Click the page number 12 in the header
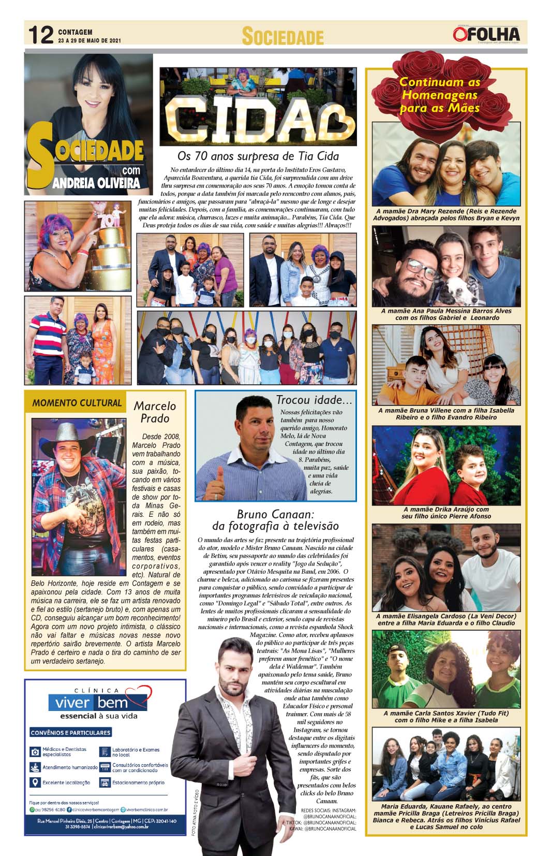click(40, 36)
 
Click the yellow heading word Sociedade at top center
click(283, 37)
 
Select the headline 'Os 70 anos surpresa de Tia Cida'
click(258, 155)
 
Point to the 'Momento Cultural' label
click(77, 403)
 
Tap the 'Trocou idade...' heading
click(314, 400)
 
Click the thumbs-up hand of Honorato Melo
click(220, 478)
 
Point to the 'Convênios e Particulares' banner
click(71, 733)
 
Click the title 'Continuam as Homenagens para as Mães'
click(440, 95)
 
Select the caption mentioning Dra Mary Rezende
click(446, 215)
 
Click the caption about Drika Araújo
click(446, 513)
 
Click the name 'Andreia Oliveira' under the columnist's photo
click(98, 182)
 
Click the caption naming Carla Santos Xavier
click(446, 717)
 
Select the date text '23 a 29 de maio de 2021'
click(90, 40)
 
